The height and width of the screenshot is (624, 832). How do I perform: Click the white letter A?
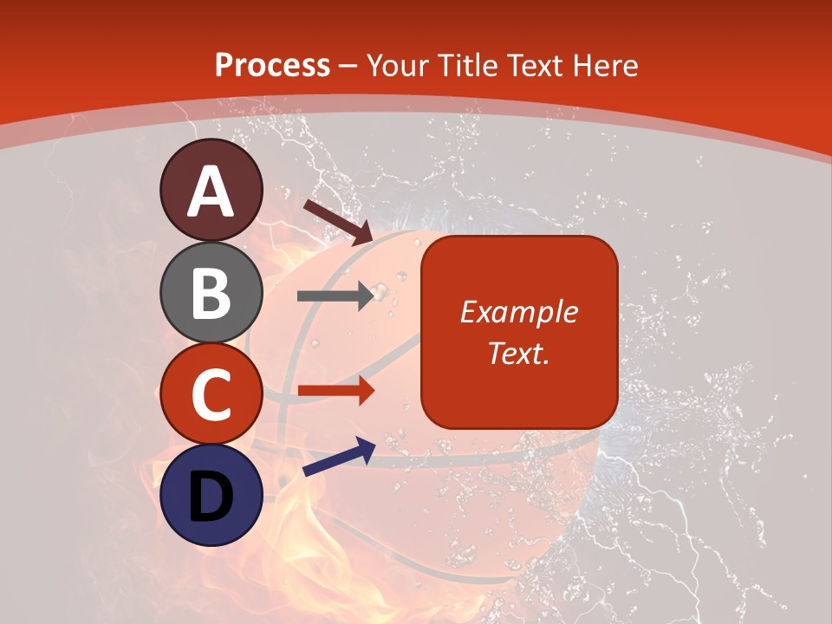coord(211,192)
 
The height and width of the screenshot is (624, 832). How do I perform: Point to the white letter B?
coord(211,293)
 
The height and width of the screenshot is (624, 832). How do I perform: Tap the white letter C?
coord(211,394)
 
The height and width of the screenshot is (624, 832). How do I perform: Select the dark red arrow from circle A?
coord(338,221)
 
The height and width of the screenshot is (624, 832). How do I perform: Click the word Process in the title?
coord(272,65)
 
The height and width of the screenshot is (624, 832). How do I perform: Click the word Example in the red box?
coord(518,312)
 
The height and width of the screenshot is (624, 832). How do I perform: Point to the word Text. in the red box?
coord(518,353)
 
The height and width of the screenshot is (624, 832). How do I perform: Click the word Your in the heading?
coord(398,65)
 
